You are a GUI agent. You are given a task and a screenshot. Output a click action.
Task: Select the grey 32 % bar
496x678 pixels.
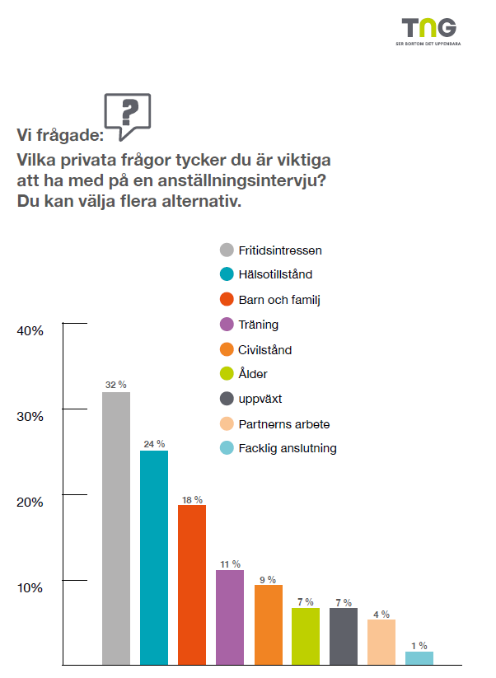point(116,528)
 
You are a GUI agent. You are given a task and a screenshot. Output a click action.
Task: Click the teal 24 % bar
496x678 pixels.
point(154,557)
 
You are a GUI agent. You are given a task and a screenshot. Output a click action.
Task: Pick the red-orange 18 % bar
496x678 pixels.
point(192,584)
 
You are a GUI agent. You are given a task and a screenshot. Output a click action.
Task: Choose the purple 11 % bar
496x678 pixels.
point(230,616)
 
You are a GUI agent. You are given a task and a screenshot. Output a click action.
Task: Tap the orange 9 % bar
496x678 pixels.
point(268,624)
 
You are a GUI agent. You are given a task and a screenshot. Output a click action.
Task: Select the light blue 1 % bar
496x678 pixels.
point(419,658)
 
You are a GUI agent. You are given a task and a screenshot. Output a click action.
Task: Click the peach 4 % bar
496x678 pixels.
point(381,642)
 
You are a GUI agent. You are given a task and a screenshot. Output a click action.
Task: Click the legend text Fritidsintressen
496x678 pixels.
point(279,250)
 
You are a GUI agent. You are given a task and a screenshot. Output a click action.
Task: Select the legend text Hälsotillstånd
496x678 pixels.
point(275,274)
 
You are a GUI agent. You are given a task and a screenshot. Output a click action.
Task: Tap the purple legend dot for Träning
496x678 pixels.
point(226,325)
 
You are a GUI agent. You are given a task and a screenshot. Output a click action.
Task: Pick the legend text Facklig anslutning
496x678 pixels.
point(288,449)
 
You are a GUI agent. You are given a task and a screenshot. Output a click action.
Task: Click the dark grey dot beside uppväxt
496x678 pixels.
point(226,400)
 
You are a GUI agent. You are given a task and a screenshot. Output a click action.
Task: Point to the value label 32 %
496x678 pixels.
point(116,385)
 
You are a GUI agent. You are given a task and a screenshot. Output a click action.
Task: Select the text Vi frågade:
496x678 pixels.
point(60,135)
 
